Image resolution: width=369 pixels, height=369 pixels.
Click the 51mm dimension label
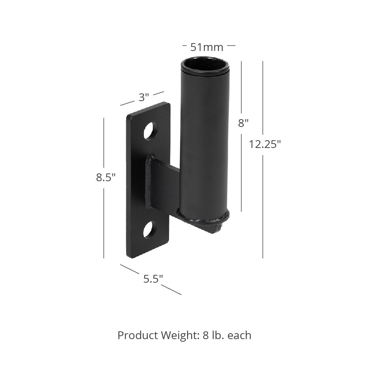point(207,47)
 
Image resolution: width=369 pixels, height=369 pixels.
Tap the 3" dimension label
point(144,97)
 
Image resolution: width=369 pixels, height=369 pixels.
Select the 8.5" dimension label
point(106,177)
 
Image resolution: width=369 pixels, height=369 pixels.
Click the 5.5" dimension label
point(153,279)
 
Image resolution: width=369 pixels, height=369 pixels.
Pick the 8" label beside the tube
point(243,123)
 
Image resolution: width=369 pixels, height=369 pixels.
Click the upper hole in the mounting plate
point(150,131)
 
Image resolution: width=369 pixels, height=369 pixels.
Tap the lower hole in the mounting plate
point(149,230)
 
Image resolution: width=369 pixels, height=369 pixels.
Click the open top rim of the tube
point(205,65)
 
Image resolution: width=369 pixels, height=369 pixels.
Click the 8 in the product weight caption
point(206,335)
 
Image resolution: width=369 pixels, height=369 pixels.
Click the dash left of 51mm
point(185,45)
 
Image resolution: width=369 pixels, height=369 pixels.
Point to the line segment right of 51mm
point(231,45)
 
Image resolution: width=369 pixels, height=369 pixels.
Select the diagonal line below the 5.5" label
point(171,290)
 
